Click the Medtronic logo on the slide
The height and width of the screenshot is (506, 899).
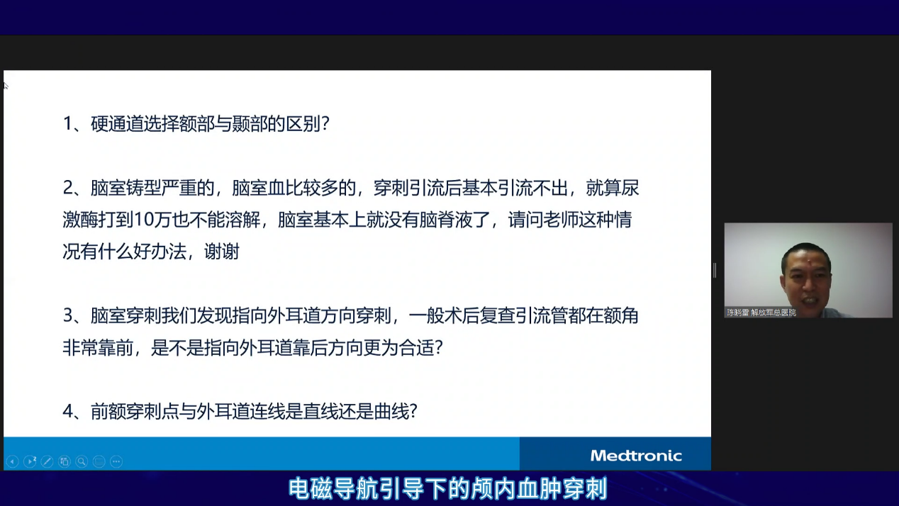tap(636, 456)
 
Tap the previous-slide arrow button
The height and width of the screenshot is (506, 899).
tap(13, 462)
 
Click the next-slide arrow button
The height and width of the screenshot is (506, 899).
tap(30, 462)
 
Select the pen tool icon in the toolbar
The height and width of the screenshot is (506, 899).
tap(47, 462)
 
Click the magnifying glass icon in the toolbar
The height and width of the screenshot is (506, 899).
tap(82, 462)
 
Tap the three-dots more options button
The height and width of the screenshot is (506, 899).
tap(116, 462)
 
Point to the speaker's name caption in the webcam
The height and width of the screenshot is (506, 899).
tap(761, 313)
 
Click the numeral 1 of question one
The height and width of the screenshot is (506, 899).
tap(68, 123)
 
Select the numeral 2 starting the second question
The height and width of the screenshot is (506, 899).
tap(68, 188)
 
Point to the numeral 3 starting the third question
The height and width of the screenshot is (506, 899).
tap(68, 316)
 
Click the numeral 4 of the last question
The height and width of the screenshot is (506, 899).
tap(68, 412)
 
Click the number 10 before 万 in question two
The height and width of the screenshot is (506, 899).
tap(143, 220)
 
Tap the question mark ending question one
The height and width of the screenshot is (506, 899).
tap(325, 123)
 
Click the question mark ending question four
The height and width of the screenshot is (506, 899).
tap(413, 412)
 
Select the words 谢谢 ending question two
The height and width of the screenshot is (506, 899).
tap(222, 252)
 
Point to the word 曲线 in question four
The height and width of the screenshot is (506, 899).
tap(391, 412)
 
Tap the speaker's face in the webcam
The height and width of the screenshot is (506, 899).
tap(807, 278)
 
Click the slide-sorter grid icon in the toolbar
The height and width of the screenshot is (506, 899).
tap(65, 462)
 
